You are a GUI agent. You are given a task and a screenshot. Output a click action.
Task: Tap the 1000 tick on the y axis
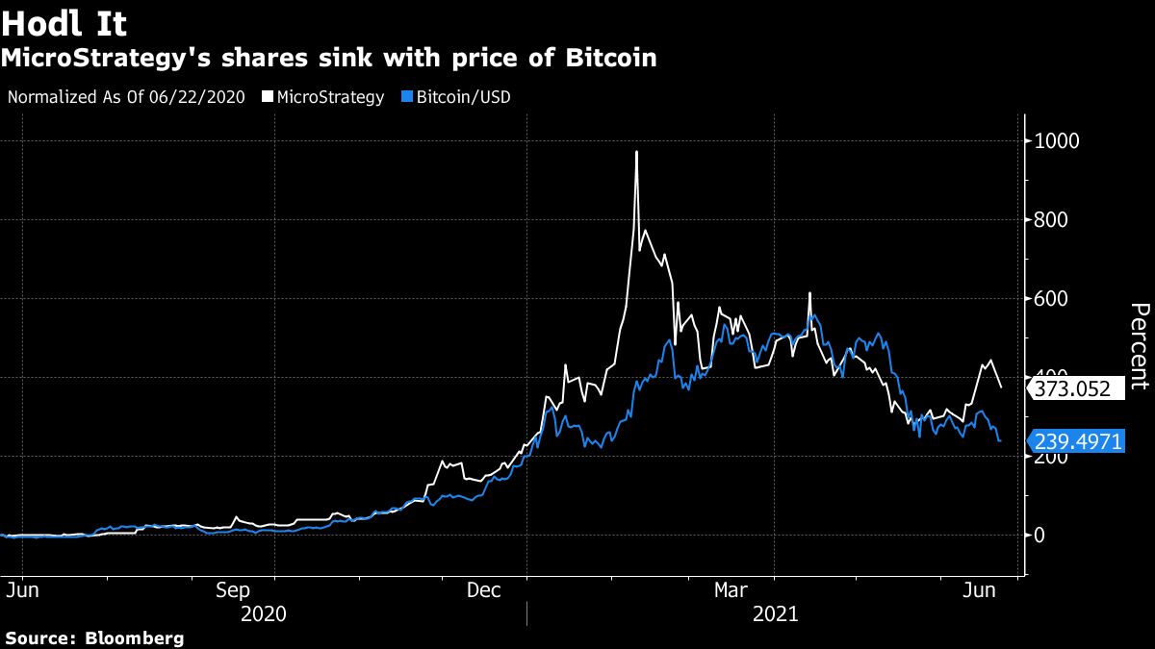pyautogui.click(x=1057, y=141)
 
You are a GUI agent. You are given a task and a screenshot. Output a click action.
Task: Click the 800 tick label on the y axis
pyautogui.click(x=1052, y=220)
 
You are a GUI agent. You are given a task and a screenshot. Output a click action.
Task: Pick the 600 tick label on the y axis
pyautogui.click(x=1052, y=299)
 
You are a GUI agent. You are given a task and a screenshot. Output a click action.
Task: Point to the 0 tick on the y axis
pyautogui.click(x=1039, y=536)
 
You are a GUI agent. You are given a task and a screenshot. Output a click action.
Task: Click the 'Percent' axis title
pyautogui.click(x=1139, y=346)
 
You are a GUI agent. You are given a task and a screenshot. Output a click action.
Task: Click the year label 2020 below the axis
pyautogui.click(x=263, y=612)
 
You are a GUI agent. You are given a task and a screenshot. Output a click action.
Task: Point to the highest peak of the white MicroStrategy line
pyautogui.click(x=636, y=152)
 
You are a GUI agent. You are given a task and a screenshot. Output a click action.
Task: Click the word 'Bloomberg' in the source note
pyautogui.click(x=135, y=637)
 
